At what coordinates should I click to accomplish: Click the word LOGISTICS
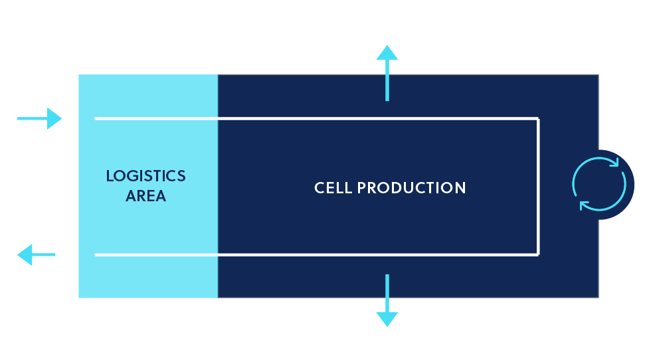(145, 176)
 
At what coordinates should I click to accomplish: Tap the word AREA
(145, 196)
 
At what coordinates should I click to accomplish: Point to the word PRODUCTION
(411, 188)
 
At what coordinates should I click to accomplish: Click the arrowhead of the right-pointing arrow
(54, 118)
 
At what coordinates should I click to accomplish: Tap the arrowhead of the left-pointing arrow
(25, 255)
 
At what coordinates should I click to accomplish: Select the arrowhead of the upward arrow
(387, 52)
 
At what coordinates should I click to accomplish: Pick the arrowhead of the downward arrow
(387, 319)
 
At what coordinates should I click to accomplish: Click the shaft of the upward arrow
(387, 80)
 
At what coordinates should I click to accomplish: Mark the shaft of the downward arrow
(387, 293)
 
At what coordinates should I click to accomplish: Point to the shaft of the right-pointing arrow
(32, 118)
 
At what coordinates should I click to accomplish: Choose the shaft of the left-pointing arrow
(43, 255)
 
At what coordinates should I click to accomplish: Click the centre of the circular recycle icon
(599, 185)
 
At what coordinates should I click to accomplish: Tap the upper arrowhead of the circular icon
(614, 162)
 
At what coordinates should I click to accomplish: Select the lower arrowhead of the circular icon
(585, 206)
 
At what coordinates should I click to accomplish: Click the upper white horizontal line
(316, 119)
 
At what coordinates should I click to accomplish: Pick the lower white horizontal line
(316, 255)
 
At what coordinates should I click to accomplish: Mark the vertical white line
(538, 187)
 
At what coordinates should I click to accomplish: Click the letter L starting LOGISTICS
(110, 176)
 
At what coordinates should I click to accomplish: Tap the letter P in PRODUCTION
(361, 188)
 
